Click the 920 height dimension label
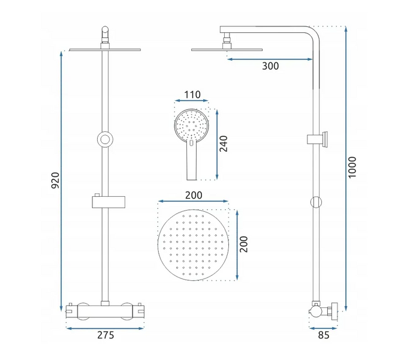click(x=55, y=180)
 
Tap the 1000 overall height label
click(x=352, y=167)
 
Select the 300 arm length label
click(x=270, y=66)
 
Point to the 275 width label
click(x=105, y=335)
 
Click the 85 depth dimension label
click(x=324, y=335)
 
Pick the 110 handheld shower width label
click(x=192, y=95)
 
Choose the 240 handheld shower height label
click(x=224, y=144)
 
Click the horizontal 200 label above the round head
click(x=194, y=195)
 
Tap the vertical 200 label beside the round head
click(x=244, y=244)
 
